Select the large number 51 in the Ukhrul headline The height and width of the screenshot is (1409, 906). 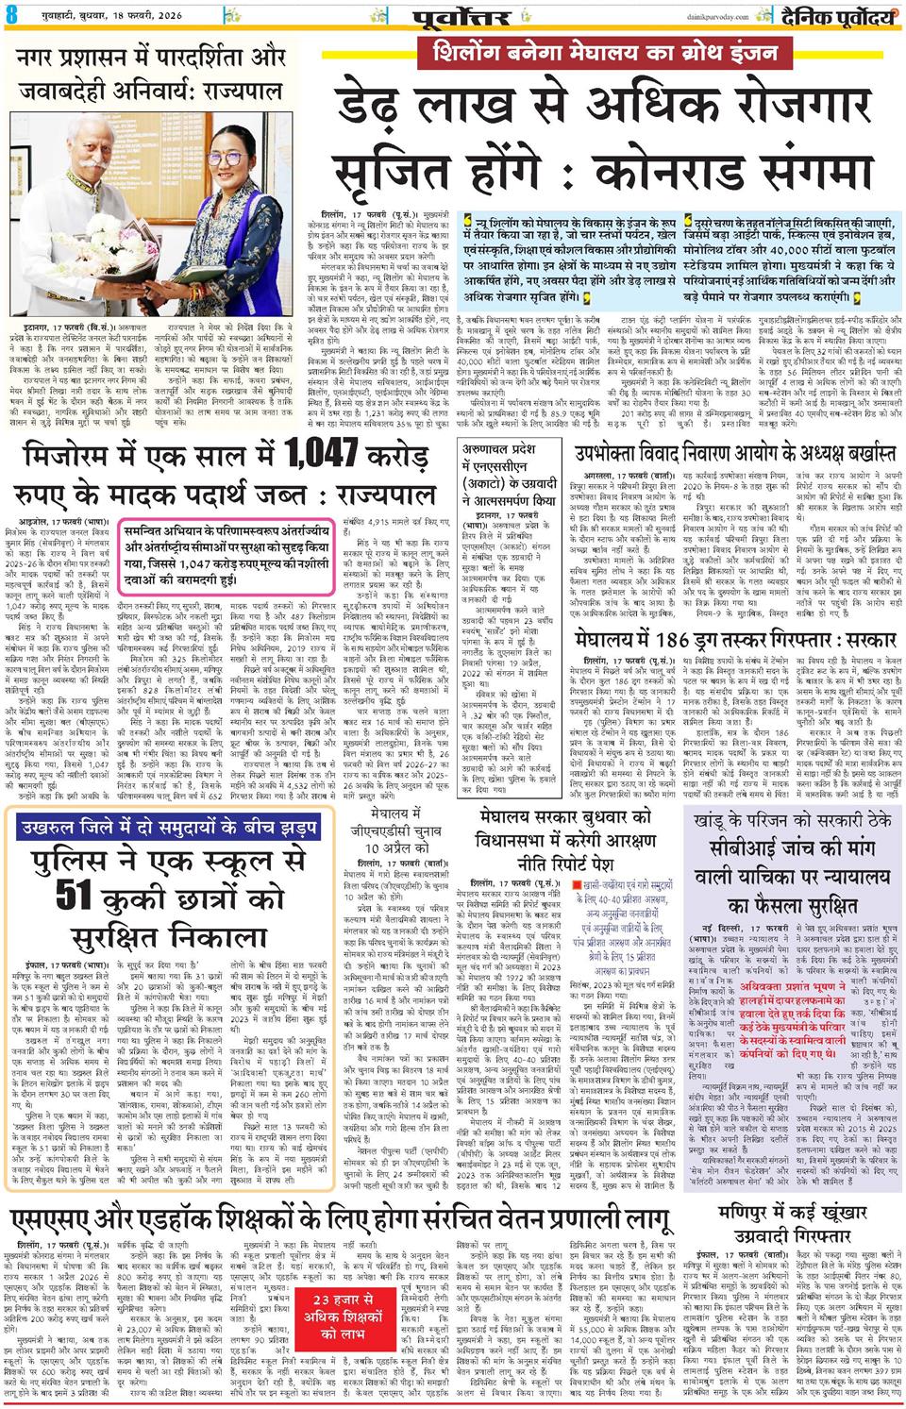pyautogui.click(x=84, y=893)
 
